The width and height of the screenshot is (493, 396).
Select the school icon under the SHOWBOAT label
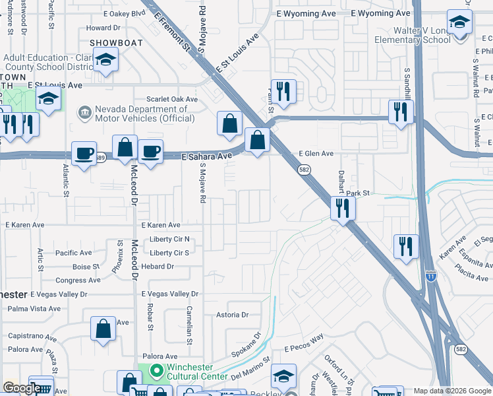point(104,61)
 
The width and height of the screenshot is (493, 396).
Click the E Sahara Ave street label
point(208,156)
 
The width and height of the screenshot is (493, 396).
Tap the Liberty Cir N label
point(169,240)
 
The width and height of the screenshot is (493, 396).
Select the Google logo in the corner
point(21,388)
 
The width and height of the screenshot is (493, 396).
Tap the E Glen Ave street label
point(316,153)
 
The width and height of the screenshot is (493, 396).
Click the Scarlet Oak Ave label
point(172,99)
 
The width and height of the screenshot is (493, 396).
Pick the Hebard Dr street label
point(158,267)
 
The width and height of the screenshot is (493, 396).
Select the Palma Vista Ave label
point(34,308)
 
